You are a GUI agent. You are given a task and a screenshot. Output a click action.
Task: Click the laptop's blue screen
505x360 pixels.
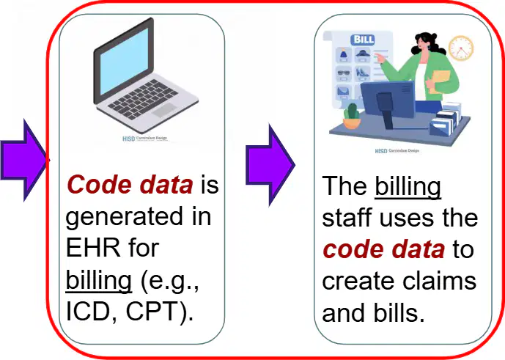pos(125,61)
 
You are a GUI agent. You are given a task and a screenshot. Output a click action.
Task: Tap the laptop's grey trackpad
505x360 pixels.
pos(164,110)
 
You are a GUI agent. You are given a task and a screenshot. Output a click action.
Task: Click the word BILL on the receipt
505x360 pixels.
pos(364,40)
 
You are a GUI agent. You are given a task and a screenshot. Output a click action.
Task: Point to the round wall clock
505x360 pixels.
pos(461,48)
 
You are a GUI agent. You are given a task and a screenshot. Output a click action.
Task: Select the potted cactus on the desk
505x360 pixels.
pos(352,116)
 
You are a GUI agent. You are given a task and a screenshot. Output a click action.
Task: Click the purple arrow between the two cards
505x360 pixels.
pos(270,165)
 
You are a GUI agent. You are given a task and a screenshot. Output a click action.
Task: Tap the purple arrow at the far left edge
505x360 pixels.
pos(24,160)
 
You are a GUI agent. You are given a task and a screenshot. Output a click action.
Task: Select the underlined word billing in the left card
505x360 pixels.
pos(98,281)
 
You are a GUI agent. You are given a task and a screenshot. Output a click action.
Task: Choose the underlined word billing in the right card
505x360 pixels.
pos(408,187)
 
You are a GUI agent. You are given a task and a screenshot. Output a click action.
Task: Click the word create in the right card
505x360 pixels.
pos(358,282)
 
